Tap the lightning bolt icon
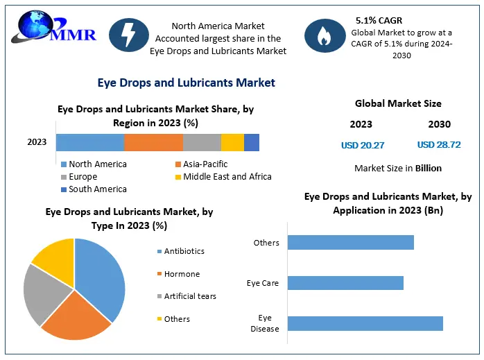tap(129, 35)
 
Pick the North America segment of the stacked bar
tap(90, 142)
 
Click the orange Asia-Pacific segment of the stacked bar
tap(153, 142)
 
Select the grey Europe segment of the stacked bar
tap(202, 142)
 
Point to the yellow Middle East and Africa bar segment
tap(232, 142)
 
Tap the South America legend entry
tap(97, 189)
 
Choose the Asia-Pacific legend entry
tap(205, 164)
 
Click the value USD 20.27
tap(362, 145)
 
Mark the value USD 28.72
tap(439, 145)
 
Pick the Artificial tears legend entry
tap(190, 296)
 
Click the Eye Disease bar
tap(365, 323)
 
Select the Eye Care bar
tap(345, 283)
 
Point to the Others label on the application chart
tap(266, 243)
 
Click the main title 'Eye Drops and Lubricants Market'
tap(186, 83)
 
